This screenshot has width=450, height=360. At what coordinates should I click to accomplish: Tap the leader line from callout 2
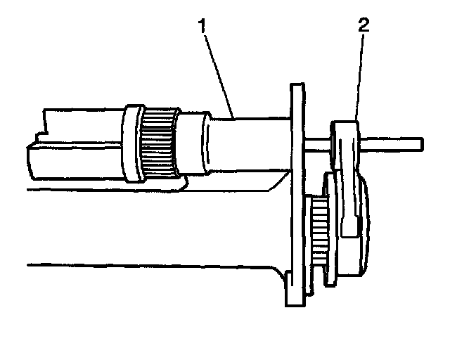[359, 77]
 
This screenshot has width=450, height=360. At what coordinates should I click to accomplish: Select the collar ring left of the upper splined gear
[131, 141]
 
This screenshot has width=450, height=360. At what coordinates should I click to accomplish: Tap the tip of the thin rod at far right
[422, 143]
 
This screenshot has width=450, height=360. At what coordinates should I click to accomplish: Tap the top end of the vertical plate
[297, 86]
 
